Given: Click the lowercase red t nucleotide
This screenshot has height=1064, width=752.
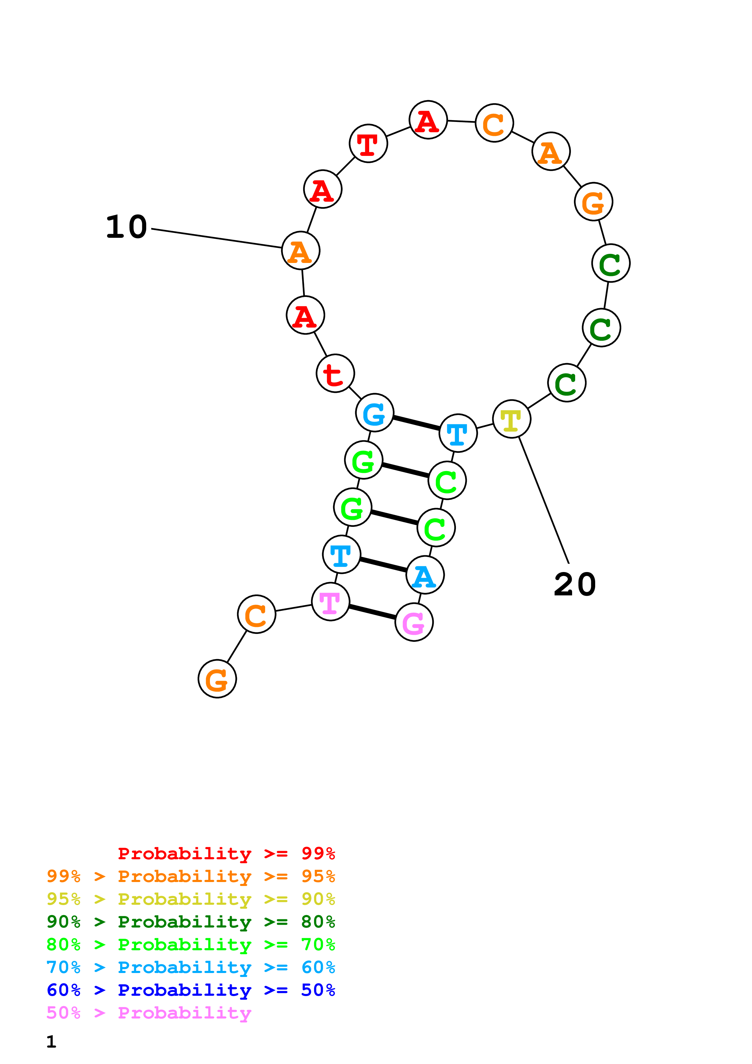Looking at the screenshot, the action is point(335,373).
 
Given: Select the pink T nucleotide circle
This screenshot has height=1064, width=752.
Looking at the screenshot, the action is point(330,601).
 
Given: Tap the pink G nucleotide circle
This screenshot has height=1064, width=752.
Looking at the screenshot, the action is point(414,622).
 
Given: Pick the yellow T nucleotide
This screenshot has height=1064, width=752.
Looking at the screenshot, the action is point(511,419).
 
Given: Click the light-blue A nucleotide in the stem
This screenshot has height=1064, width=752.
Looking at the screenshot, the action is point(425,575).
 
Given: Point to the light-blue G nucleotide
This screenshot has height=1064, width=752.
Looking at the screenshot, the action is point(374,412).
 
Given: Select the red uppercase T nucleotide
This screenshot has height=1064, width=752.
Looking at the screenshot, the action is point(368,143).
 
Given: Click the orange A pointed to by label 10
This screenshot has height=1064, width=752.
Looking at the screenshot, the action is point(301,250).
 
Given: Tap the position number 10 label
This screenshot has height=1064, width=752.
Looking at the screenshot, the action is point(126,227).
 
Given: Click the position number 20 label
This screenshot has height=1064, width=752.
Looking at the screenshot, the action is point(575,584).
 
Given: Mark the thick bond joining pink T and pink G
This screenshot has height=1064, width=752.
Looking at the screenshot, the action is point(372,612).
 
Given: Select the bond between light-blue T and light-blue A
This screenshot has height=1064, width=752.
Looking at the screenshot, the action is point(383,564).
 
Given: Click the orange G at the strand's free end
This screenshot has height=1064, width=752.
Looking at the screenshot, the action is point(217,678).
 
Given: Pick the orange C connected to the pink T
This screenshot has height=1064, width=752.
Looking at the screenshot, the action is point(256,614).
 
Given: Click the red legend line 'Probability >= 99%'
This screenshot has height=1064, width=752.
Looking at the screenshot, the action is point(226,853).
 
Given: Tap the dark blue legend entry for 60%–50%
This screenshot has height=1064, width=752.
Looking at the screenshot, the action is point(191,990).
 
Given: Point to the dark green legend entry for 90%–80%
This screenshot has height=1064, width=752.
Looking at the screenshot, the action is point(191,922).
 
